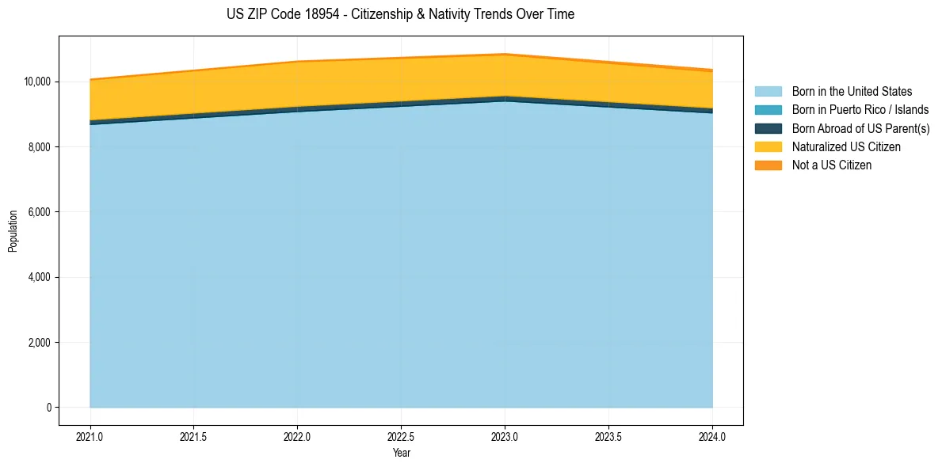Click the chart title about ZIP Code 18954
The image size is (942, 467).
click(400, 14)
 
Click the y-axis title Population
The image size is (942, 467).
click(13, 231)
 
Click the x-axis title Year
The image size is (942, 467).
click(401, 454)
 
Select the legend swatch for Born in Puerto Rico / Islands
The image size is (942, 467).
click(768, 110)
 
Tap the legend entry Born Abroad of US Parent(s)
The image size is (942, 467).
click(860, 128)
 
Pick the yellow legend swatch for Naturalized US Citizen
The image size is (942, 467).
click(768, 146)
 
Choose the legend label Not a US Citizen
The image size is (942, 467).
click(831, 165)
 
